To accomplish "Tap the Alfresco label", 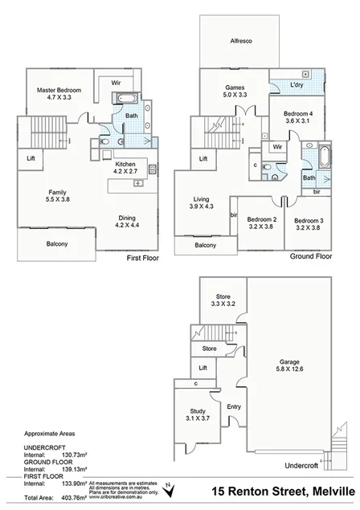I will (x=238, y=39).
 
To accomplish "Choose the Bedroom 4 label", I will (x=299, y=115).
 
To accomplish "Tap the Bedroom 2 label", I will (x=262, y=219).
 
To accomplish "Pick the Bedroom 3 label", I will (x=308, y=219).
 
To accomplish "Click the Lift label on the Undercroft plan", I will (x=203, y=367).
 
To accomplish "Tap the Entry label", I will (x=234, y=407).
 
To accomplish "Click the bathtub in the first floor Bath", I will (x=129, y=100).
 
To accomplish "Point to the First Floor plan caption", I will (x=145, y=259).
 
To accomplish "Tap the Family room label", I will (x=56, y=195).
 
